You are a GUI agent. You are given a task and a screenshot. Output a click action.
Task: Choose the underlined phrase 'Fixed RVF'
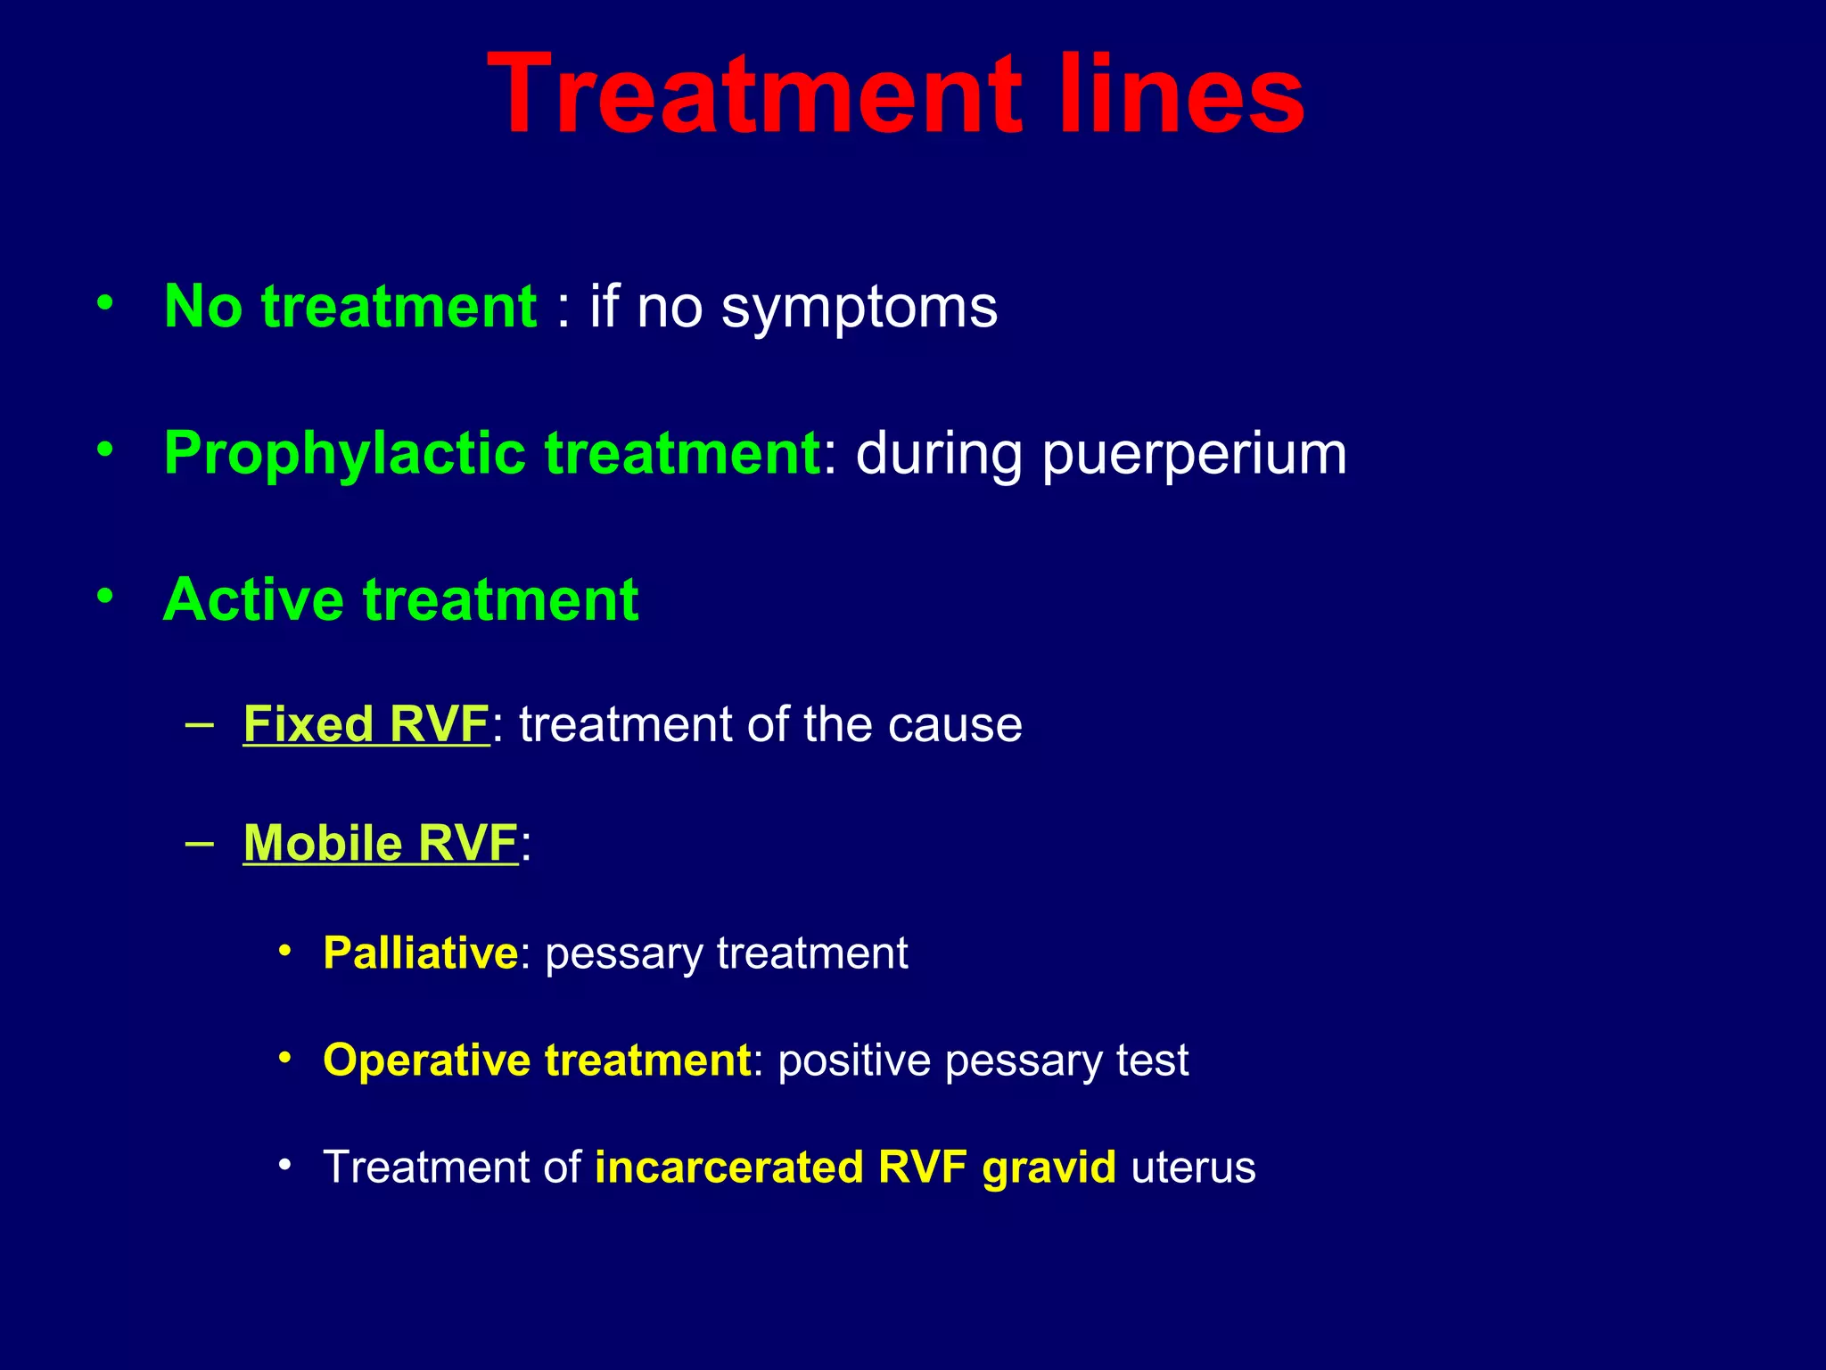tap(366, 723)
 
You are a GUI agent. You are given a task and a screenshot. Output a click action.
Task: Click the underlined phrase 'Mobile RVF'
tap(381, 843)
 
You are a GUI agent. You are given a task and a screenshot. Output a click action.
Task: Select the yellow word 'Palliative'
tap(420, 953)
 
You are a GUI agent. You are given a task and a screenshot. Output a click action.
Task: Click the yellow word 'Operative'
tap(427, 1061)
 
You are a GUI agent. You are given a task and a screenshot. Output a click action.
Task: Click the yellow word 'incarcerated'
tap(728, 1167)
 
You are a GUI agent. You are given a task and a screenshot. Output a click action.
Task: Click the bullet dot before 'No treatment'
tap(105, 303)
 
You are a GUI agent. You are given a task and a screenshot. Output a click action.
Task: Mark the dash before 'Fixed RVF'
tap(200, 723)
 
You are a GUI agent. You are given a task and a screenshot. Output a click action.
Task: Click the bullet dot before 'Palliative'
tap(284, 951)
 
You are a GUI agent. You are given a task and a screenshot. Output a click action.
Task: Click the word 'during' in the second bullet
tap(940, 454)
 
